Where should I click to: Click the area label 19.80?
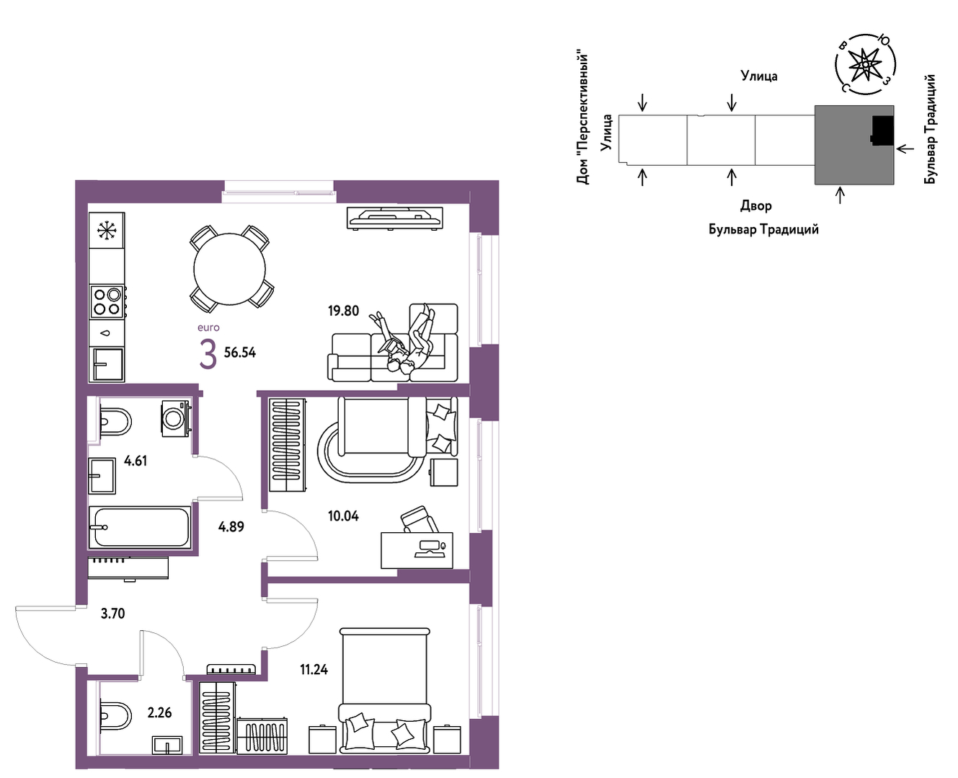point(343,311)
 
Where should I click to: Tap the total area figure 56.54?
point(240,353)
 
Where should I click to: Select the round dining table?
point(229,269)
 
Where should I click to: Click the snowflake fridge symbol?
point(107,231)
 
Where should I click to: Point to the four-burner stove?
point(107,301)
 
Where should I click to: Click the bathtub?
point(140,527)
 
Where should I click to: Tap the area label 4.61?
point(136,461)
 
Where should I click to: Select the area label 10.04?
point(343,516)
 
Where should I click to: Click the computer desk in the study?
point(417,550)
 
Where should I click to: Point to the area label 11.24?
point(314,670)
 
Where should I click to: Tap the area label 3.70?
point(112,614)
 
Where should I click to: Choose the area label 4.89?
point(231,526)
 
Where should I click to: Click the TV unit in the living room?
point(395,218)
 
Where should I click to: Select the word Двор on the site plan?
point(756,206)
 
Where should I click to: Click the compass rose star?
point(865,65)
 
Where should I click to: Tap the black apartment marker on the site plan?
point(882,131)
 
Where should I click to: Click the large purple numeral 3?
point(208,355)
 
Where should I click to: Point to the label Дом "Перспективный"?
point(582,119)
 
